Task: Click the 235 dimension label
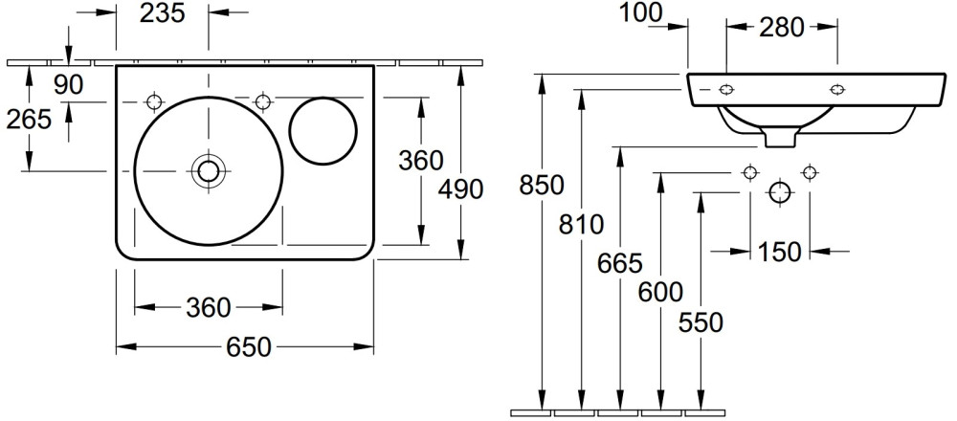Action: (x=164, y=14)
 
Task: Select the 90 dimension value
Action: (x=69, y=84)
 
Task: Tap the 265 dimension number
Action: (x=29, y=121)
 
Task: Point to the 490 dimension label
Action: (x=460, y=189)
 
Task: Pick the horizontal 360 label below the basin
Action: (x=208, y=308)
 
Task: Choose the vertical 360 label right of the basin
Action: (x=420, y=160)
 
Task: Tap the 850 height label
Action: (x=541, y=184)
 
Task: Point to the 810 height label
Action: (x=582, y=227)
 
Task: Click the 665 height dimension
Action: (x=621, y=262)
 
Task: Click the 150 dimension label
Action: (x=780, y=252)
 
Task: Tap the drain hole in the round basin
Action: (x=208, y=171)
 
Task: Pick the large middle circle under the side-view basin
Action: (x=780, y=192)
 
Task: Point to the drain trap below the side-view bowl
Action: (x=781, y=139)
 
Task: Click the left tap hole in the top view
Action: (x=155, y=101)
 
